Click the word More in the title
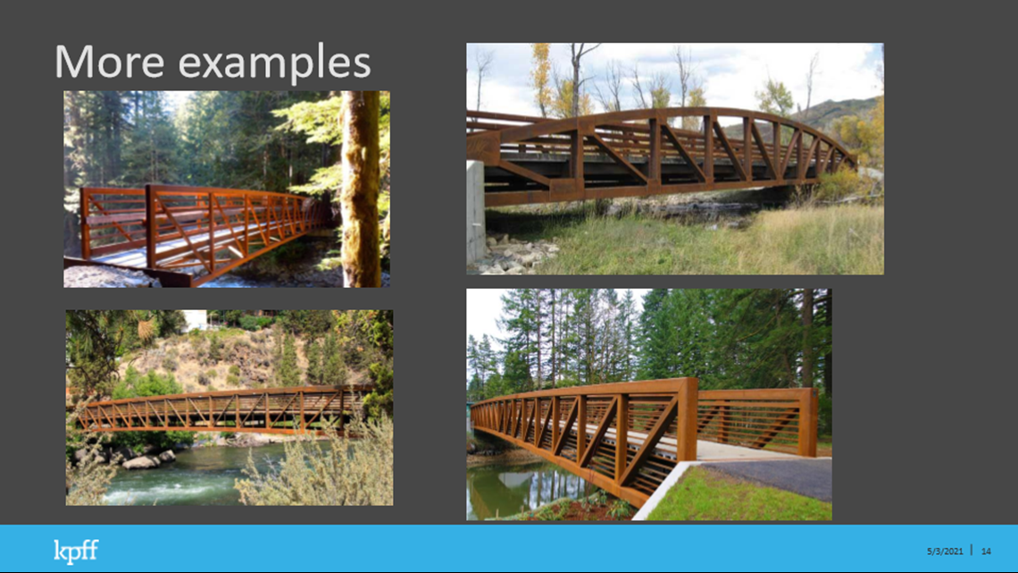coord(109,62)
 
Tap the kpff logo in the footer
coord(76,552)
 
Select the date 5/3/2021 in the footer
coord(945,552)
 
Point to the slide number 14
coord(986,552)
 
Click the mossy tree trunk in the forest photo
coord(361,189)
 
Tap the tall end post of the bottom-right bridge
coord(687,419)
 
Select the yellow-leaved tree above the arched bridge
coord(541,78)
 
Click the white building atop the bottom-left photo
coord(195,319)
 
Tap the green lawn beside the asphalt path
coord(734,498)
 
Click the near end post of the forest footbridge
coord(152,226)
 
